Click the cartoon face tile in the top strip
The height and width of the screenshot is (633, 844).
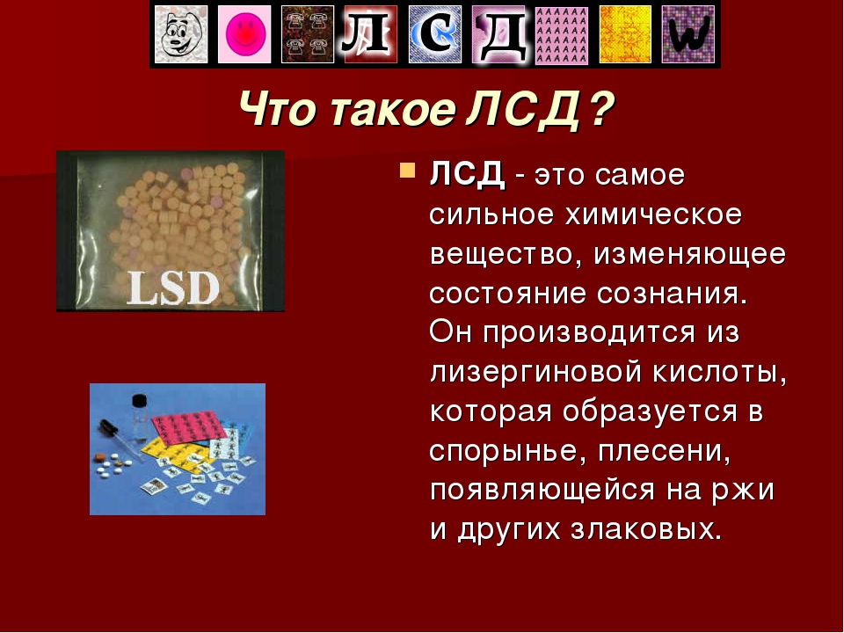(181, 34)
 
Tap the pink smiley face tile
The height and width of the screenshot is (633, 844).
(244, 34)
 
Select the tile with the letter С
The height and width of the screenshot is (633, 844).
(435, 34)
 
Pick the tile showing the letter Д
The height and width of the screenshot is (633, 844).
(498, 34)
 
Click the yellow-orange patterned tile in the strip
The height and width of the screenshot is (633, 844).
(625, 34)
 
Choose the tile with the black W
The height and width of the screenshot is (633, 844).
(688, 34)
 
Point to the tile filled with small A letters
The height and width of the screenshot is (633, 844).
(562, 34)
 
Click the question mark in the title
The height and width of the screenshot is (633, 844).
(601, 109)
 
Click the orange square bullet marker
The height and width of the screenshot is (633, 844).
(407, 171)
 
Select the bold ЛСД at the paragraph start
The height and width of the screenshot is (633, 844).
(467, 175)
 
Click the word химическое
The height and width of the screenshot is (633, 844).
(653, 215)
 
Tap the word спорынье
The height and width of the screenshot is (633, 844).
(507, 451)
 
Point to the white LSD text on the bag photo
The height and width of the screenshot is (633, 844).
(173, 288)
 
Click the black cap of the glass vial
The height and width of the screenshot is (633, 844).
(140, 401)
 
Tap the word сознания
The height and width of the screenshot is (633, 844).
(672, 295)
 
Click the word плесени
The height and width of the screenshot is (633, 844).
(665, 452)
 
